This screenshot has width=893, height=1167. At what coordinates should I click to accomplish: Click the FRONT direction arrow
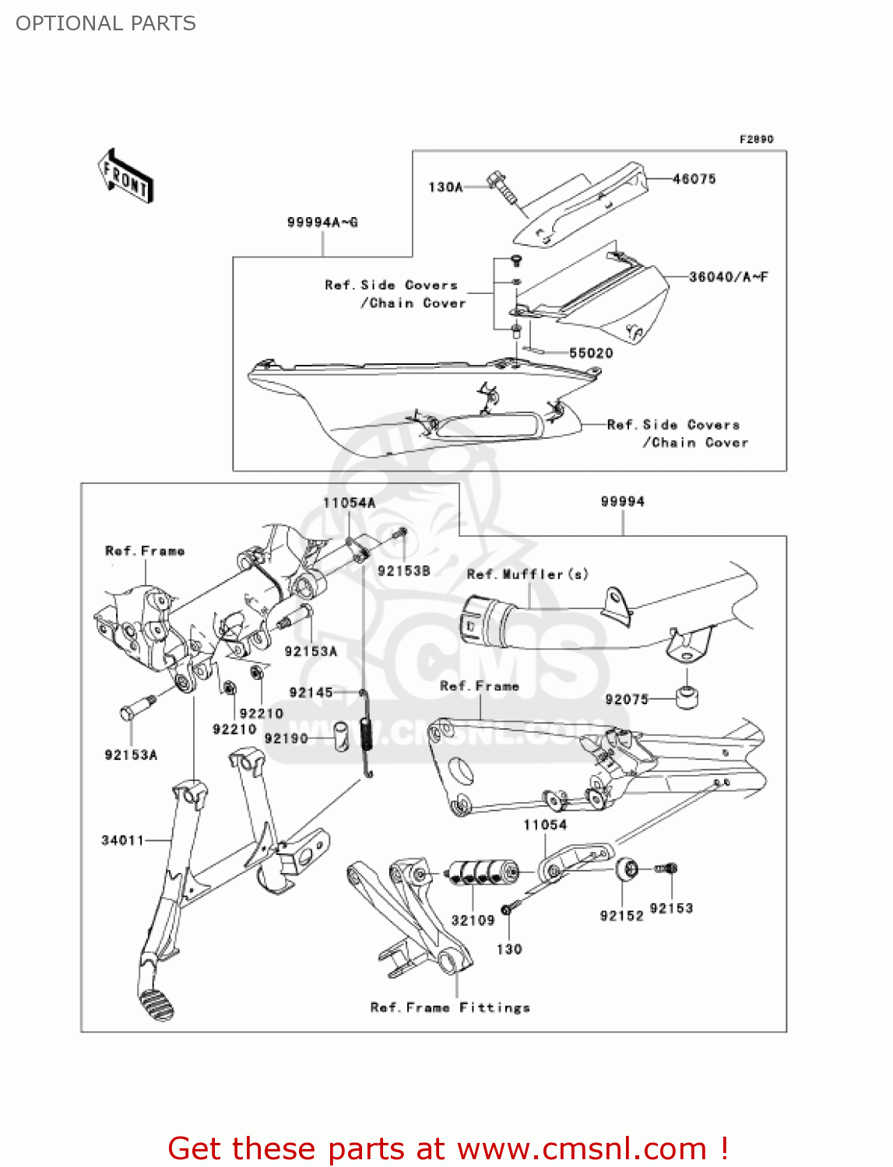(x=125, y=177)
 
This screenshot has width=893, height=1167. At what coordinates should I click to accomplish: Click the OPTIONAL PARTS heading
(x=106, y=23)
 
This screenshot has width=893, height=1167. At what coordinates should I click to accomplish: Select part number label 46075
(x=694, y=179)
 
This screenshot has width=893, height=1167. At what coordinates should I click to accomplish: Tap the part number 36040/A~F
(x=728, y=277)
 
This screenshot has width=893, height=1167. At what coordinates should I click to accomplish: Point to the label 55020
(x=591, y=353)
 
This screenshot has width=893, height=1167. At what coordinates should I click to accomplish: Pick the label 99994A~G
(x=322, y=223)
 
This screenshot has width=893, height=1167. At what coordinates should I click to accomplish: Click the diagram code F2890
(x=756, y=139)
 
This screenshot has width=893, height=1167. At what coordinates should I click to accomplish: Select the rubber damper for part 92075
(x=686, y=697)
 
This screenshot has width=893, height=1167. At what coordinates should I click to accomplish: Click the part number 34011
(x=123, y=840)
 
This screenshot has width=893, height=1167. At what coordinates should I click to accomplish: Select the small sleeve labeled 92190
(x=340, y=737)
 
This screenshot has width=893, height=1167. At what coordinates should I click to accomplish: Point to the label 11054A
(x=349, y=503)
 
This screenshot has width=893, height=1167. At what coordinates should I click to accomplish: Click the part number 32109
(x=473, y=920)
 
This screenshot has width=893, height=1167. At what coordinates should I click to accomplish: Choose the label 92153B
(x=403, y=571)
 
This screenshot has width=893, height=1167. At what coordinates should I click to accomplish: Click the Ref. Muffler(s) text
(x=527, y=574)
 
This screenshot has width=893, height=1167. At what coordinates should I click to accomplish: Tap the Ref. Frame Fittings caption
(x=450, y=1008)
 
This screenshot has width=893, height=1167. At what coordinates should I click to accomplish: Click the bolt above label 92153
(x=668, y=868)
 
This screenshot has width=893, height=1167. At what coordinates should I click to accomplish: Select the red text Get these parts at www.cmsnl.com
(x=448, y=1148)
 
